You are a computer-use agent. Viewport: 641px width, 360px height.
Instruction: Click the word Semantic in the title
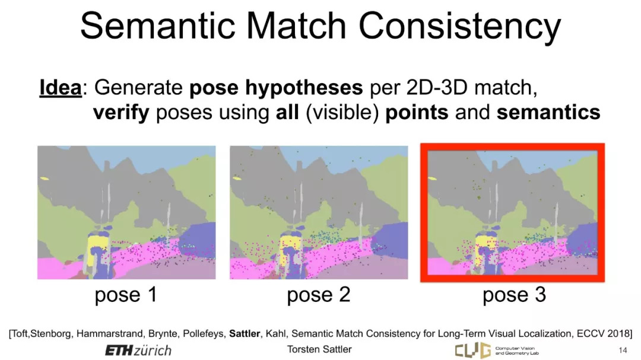pos(157,26)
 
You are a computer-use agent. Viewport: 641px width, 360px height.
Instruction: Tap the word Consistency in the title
pos(460,27)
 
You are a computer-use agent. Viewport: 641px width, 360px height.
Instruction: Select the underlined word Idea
pos(61,87)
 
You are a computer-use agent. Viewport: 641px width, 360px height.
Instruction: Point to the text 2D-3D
pos(437,87)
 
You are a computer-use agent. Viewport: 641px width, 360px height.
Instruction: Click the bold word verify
pos(121,113)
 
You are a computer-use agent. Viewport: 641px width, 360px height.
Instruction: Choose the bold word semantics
pos(548,112)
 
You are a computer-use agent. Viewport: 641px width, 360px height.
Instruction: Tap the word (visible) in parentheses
pos(342,113)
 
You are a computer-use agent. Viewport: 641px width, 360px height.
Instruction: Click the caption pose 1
pos(126,295)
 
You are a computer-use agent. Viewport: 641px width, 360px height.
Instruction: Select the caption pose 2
pos(319,295)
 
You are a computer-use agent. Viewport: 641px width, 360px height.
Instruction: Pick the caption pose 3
pos(514,295)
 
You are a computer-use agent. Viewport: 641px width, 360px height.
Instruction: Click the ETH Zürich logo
pos(138,350)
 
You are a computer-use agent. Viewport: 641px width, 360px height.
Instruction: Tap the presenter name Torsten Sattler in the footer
pos(319,349)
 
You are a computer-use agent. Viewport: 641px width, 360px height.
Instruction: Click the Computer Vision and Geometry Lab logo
pos(497,350)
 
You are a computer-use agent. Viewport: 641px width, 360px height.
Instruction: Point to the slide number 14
pos(623,350)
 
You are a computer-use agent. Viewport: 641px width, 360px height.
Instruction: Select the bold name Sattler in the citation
pos(245,333)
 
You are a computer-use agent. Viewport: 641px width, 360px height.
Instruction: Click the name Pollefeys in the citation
pos(203,334)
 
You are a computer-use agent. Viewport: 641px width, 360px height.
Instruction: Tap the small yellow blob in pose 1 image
pos(44,178)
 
